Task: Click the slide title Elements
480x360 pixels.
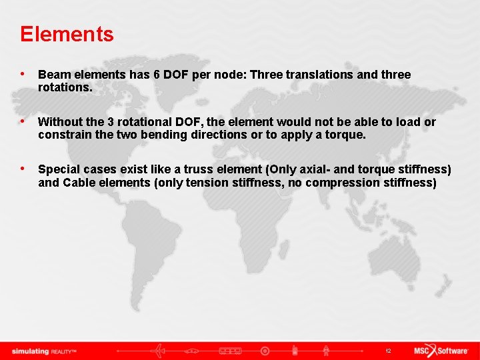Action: [x=67, y=34]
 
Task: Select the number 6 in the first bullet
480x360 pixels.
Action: [x=157, y=75]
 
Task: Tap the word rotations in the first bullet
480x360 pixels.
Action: [x=63, y=87]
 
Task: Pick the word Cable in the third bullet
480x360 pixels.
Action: [x=79, y=182]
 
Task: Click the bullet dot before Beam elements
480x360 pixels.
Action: [x=24, y=74]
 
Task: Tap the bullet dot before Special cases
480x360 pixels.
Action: [x=24, y=169]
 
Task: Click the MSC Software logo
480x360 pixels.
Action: [x=441, y=351]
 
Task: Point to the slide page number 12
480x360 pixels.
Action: [x=387, y=351]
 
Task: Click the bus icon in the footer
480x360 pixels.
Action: [x=230, y=351]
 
